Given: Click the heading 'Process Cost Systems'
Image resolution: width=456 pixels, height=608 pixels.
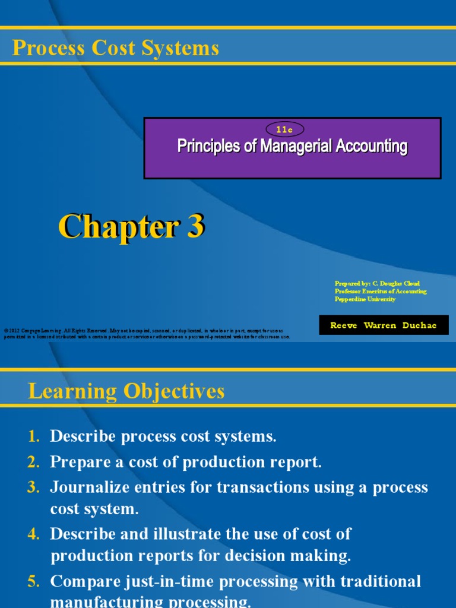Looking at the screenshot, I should [116, 48].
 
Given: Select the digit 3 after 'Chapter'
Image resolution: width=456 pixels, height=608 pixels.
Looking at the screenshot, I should [195, 227].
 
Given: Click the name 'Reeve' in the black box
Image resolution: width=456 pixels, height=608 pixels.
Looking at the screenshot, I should [344, 325].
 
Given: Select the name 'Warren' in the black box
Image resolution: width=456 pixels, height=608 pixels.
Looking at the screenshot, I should [382, 325].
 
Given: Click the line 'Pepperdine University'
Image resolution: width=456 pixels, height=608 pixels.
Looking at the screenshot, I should [365, 299].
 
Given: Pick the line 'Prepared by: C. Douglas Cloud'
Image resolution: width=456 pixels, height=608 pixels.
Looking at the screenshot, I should [377, 284].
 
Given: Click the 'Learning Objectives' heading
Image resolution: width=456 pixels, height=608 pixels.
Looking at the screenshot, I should [126, 391].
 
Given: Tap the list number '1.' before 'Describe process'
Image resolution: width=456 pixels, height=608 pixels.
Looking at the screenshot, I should [34, 437].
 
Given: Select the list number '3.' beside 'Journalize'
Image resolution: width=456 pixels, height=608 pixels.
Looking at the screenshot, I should [34, 487].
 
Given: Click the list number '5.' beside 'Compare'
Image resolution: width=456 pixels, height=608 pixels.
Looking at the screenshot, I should [34, 581].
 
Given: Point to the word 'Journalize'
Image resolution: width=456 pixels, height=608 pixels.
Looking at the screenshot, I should [88, 487].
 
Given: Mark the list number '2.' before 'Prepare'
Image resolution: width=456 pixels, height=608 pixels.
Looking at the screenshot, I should [34, 463].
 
